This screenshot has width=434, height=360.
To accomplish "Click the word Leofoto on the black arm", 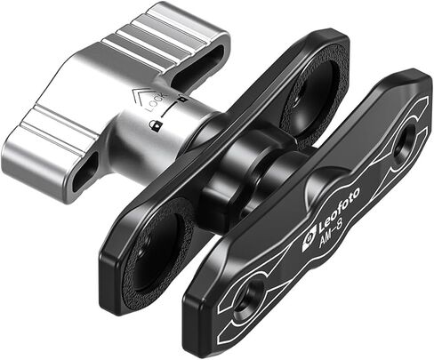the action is pos(340,209).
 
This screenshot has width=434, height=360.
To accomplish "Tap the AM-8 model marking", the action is pos(331,233).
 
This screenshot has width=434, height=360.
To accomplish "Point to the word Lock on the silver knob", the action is pos(157,103).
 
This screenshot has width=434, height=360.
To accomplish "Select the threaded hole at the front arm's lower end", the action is pos(248,299).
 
